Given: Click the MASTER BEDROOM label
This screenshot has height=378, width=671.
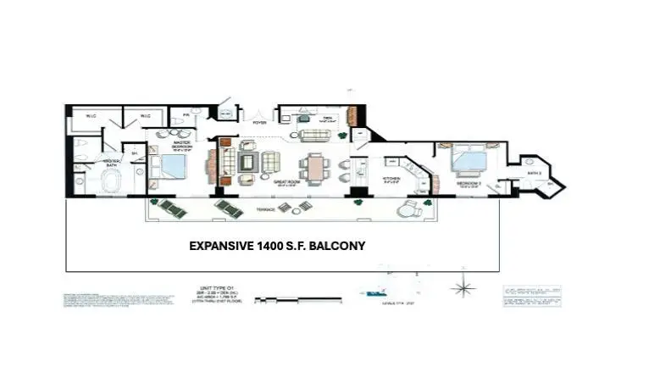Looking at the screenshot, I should point(181,144).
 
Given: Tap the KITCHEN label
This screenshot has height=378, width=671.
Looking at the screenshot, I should point(393,180).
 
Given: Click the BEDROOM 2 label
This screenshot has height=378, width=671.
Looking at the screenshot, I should point(469,182).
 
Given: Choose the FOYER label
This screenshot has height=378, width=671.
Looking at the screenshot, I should point(259,123).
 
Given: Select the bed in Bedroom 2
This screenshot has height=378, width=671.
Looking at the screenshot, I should point(469,160).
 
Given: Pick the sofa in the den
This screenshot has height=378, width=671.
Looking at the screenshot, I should point(316,136).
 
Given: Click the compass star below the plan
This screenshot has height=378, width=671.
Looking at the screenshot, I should point(463,288).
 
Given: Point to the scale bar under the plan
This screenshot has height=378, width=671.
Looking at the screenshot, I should point(297,299).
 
